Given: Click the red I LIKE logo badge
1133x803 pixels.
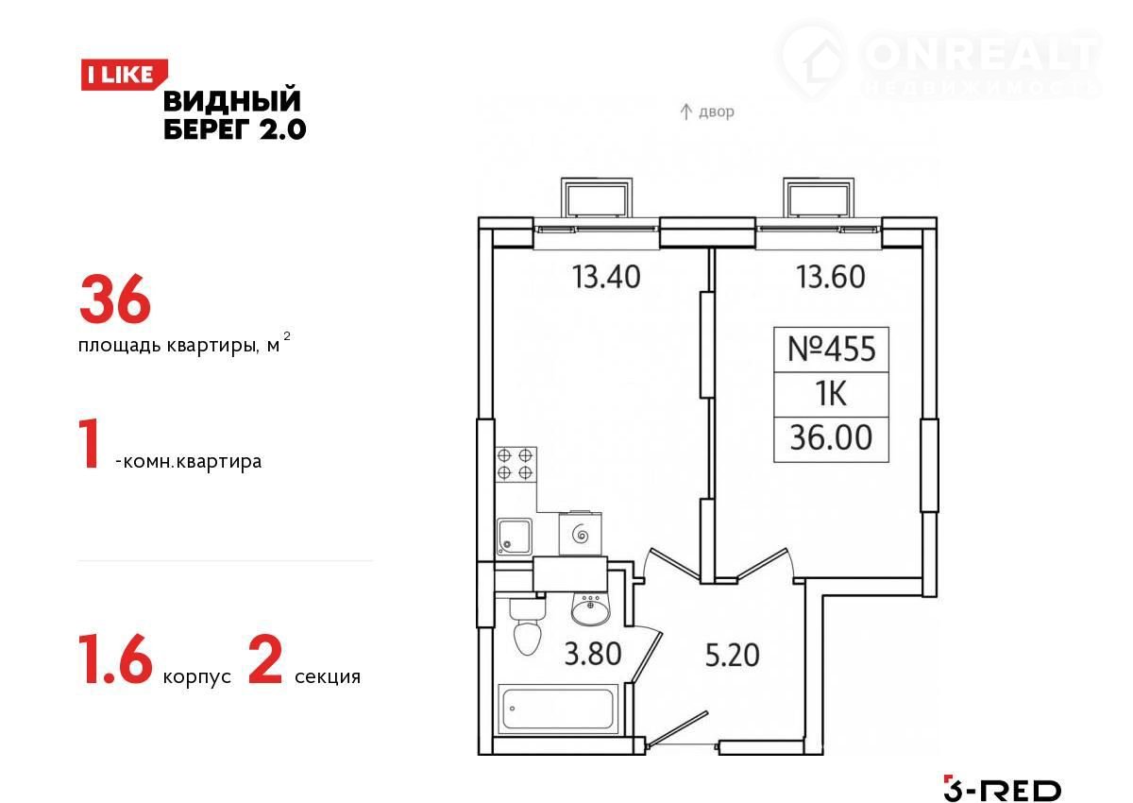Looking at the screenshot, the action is point(124,75).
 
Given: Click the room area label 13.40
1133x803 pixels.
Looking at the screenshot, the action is point(606,278).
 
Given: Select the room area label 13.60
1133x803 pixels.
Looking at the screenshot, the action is point(831,278).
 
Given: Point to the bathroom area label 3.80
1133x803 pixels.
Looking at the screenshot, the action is point(593,654).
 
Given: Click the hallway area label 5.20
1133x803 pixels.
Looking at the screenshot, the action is point(732,655).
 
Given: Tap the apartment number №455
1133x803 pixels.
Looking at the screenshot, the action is point(831,350).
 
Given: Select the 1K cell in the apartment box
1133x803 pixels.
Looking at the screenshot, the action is point(831,394).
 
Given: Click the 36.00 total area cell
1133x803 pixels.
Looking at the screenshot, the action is point(831,437).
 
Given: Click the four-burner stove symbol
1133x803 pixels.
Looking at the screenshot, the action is point(516,465).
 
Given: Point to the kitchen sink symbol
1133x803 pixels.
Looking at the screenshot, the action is point(514,537).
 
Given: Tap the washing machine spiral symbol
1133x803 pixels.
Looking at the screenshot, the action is point(580,534).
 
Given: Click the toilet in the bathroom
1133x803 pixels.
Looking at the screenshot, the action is point(527,626).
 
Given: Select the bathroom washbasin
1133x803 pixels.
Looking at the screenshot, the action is point(590,609).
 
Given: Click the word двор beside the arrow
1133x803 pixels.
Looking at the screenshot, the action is point(717,111).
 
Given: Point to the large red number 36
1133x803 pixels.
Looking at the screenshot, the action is point(115,299).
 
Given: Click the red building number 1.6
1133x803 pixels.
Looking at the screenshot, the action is point(115,659).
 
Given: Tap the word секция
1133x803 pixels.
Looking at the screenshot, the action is point(328,676).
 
